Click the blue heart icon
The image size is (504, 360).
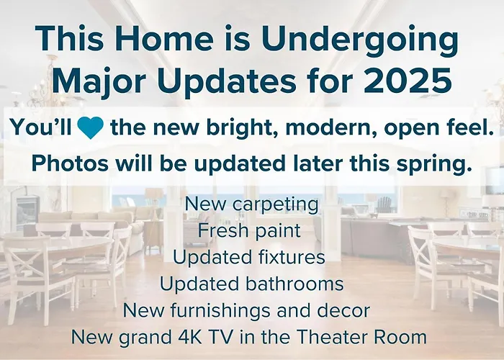tap(90, 127)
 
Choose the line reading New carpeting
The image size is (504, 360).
tap(252, 204)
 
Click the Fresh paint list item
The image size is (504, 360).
tap(249, 231)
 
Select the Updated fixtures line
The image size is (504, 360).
tap(249, 258)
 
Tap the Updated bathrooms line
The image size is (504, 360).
tap(252, 284)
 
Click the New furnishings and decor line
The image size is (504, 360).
tap(246, 311)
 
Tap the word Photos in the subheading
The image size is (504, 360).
tap(70, 163)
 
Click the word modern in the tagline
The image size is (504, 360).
tap(330, 128)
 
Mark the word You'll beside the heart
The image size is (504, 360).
tap(40, 127)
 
